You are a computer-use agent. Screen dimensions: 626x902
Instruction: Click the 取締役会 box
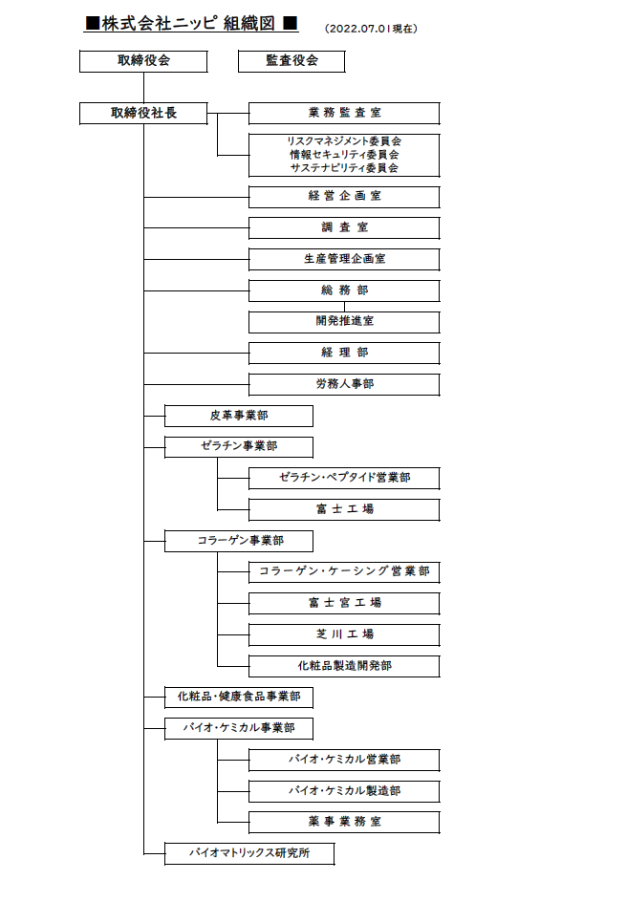pos(143,61)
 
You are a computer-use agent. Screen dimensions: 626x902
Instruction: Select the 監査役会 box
pos(291,61)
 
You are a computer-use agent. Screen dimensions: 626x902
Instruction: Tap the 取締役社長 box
pos(143,114)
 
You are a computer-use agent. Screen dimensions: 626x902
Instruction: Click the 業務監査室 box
pos(344,114)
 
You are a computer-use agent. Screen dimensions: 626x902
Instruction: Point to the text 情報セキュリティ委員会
pos(344,155)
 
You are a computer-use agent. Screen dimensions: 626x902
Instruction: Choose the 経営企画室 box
pos(344,197)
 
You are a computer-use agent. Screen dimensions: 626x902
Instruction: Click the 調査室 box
pos(344,227)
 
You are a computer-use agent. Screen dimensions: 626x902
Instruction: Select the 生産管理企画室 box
pos(344,260)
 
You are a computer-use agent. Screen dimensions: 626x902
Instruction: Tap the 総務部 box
pos(344,290)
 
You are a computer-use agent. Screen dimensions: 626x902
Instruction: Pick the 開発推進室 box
pos(344,322)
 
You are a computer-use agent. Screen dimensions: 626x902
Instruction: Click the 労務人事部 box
pos(344,384)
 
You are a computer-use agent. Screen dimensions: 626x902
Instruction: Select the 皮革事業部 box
pos(239,416)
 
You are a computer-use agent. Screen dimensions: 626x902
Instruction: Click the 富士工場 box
pos(344,509)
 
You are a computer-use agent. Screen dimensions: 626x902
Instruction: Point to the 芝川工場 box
pos(344,635)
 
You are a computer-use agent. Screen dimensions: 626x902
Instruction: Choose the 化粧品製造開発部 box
pos(344,666)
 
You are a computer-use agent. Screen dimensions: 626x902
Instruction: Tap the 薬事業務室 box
pos(344,823)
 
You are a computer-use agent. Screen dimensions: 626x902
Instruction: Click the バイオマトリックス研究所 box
pos(249,853)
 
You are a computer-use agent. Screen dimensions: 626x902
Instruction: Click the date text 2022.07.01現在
pos(371,29)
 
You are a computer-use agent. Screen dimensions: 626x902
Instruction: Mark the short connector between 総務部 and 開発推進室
pos(344,307)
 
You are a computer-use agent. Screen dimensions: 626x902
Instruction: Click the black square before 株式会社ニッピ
pos(92,24)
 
